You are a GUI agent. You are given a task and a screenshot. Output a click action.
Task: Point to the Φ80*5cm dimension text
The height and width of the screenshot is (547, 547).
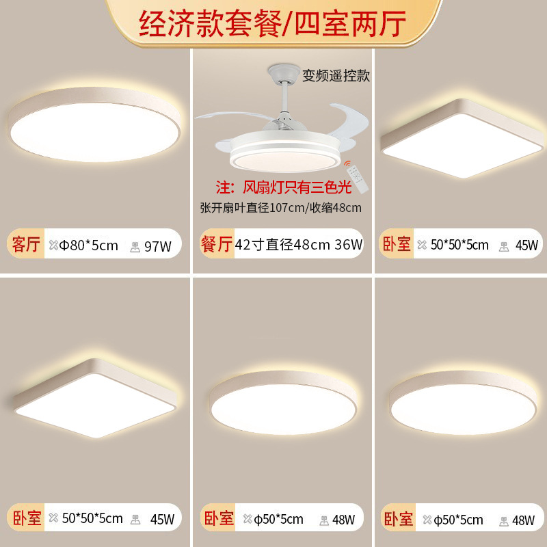point(89,245)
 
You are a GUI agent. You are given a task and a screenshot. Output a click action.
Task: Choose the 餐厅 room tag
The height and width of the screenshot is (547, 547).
point(215,243)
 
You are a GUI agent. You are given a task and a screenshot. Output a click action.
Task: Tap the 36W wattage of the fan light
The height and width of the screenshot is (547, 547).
point(349,244)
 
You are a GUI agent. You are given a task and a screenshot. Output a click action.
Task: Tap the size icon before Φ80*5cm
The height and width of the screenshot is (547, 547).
point(54,245)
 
